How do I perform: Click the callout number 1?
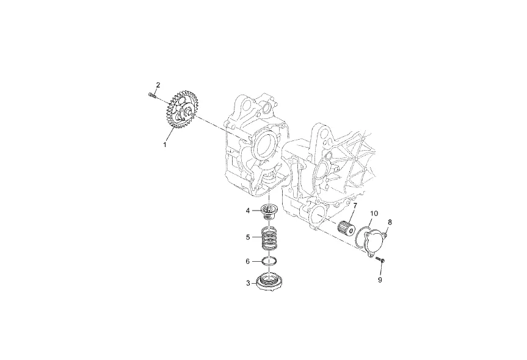[x=165, y=145]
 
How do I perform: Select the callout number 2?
[x=158, y=85]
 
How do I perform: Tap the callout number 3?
[x=248, y=283]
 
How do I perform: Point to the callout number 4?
[x=248, y=211]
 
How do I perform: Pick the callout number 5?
[x=248, y=237]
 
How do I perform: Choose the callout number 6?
[x=248, y=261]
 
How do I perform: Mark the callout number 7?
[x=355, y=205]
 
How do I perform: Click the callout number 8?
[x=390, y=222]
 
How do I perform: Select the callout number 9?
[x=380, y=279]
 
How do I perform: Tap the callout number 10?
[x=374, y=213]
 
